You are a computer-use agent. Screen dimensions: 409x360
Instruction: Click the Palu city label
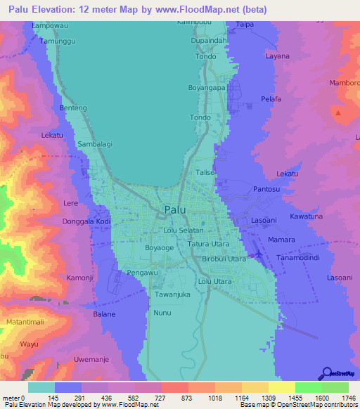[x=174, y=209]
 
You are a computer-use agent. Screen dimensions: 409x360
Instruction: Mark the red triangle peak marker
[x=340, y=112]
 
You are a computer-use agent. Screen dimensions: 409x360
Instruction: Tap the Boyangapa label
[x=206, y=88]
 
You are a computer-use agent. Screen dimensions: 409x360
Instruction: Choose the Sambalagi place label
[x=94, y=143]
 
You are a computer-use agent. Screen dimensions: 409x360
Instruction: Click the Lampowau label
[x=49, y=25]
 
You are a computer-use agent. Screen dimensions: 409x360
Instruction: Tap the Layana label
[x=277, y=55]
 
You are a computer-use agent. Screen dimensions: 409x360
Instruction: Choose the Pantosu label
[x=266, y=190]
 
